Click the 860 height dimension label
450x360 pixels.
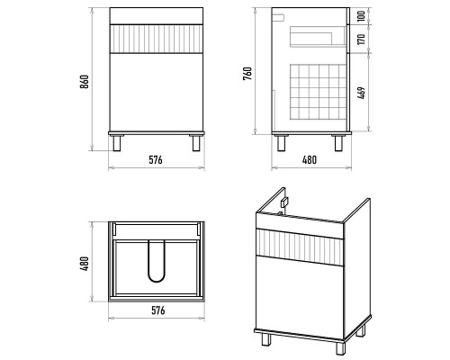[x=85, y=82]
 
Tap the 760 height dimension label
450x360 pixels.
[x=247, y=74]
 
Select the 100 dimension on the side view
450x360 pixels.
[x=362, y=15]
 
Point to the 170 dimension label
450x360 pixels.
[x=362, y=39]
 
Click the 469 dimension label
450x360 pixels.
[x=362, y=93]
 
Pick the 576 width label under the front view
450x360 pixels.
[x=156, y=160]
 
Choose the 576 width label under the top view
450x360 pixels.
[x=158, y=310]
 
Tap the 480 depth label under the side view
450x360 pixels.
[x=310, y=160]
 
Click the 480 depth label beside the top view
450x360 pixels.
[x=85, y=264]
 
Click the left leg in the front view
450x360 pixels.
[x=117, y=143]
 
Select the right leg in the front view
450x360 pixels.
[x=196, y=143]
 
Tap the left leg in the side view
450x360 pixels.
[x=282, y=143]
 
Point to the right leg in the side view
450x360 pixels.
[x=338, y=143]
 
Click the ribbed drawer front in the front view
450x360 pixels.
[x=156, y=39]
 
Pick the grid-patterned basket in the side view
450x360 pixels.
[x=319, y=92]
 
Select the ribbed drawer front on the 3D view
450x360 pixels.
[x=300, y=247]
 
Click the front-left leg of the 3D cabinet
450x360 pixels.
[x=265, y=339]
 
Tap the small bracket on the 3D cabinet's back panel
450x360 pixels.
[x=284, y=202]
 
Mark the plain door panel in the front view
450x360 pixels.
[x=156, y=93]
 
